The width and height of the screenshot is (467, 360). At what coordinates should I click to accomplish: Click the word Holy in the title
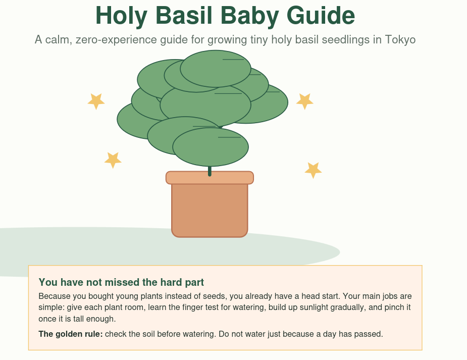tap(121, 16)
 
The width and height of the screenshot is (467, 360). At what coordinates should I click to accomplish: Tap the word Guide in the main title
tap(321, 15)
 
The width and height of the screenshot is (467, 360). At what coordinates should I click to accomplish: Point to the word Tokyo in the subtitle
tap(400, 40)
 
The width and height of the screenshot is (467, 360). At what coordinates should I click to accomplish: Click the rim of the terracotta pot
tap(210, 178)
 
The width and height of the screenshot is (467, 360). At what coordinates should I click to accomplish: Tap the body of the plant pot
tap(210, 211)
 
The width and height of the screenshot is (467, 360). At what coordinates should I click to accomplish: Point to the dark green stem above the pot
tap(210, 171)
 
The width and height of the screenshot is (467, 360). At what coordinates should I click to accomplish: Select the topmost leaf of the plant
tap(216, 69)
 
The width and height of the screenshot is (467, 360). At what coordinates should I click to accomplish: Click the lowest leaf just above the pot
tap(211, 147)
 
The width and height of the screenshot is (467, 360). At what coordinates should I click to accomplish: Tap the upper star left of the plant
tap(96, 101)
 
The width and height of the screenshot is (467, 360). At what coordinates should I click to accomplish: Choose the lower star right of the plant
tap(313, 170)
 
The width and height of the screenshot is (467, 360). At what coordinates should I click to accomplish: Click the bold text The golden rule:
tap(71, 334)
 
